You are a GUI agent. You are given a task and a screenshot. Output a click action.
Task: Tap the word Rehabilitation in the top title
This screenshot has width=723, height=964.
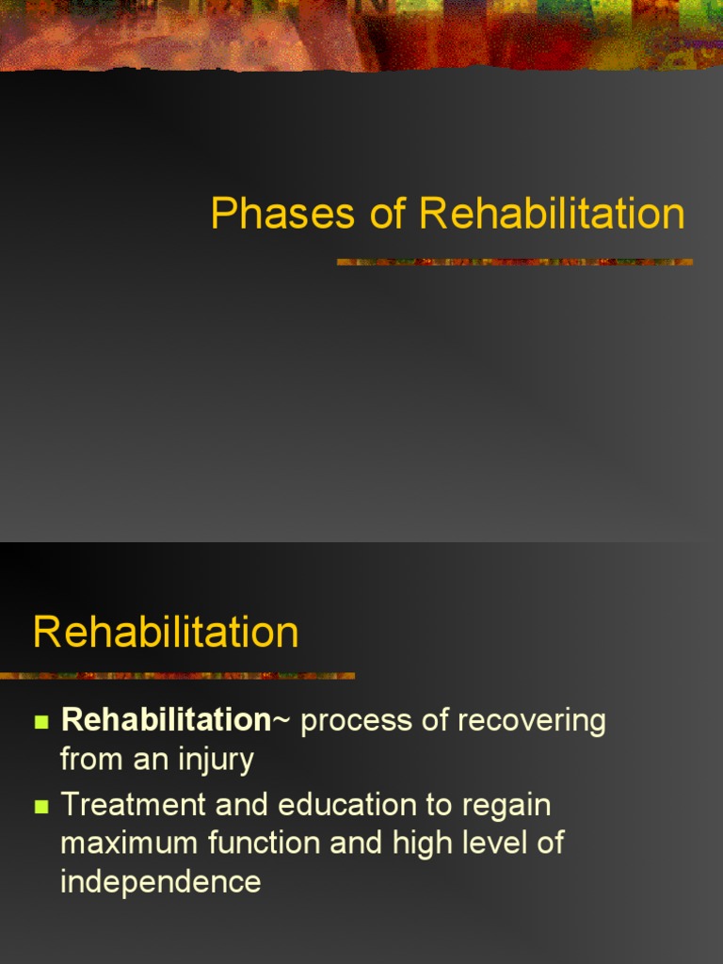(552, 215)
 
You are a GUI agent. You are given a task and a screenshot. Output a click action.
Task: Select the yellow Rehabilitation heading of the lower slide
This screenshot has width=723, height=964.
(166, 632)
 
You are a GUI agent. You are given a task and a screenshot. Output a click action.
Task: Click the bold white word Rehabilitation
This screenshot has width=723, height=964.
(166, 721)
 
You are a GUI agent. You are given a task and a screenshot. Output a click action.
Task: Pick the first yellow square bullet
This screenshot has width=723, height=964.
(40, 723)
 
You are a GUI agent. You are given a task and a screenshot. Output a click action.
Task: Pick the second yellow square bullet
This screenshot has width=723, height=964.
(40, 807)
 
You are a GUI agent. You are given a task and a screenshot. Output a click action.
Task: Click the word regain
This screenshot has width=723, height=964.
(506, 807)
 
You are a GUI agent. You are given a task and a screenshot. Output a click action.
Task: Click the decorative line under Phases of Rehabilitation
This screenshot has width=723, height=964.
(515, 262)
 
